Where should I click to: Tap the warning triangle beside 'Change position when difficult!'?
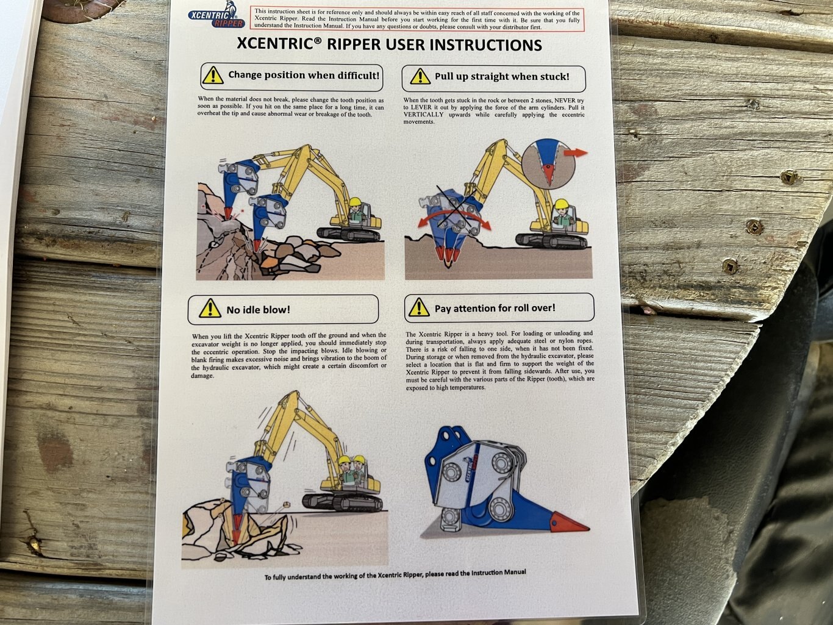pos(213,76)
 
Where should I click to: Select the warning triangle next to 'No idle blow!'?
pos(210,309)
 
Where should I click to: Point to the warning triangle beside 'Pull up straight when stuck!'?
pos(420,77)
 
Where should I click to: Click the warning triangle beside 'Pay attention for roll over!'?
pos(419,308)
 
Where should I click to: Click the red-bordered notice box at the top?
pos(416,20)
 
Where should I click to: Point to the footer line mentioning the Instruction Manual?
pos(395,574)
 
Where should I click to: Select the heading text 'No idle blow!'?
pos(258,310)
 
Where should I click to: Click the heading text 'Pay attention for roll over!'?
pos(495,309)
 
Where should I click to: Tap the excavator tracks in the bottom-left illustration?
pos(342,502)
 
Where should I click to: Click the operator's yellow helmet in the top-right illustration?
pos(561,204)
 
